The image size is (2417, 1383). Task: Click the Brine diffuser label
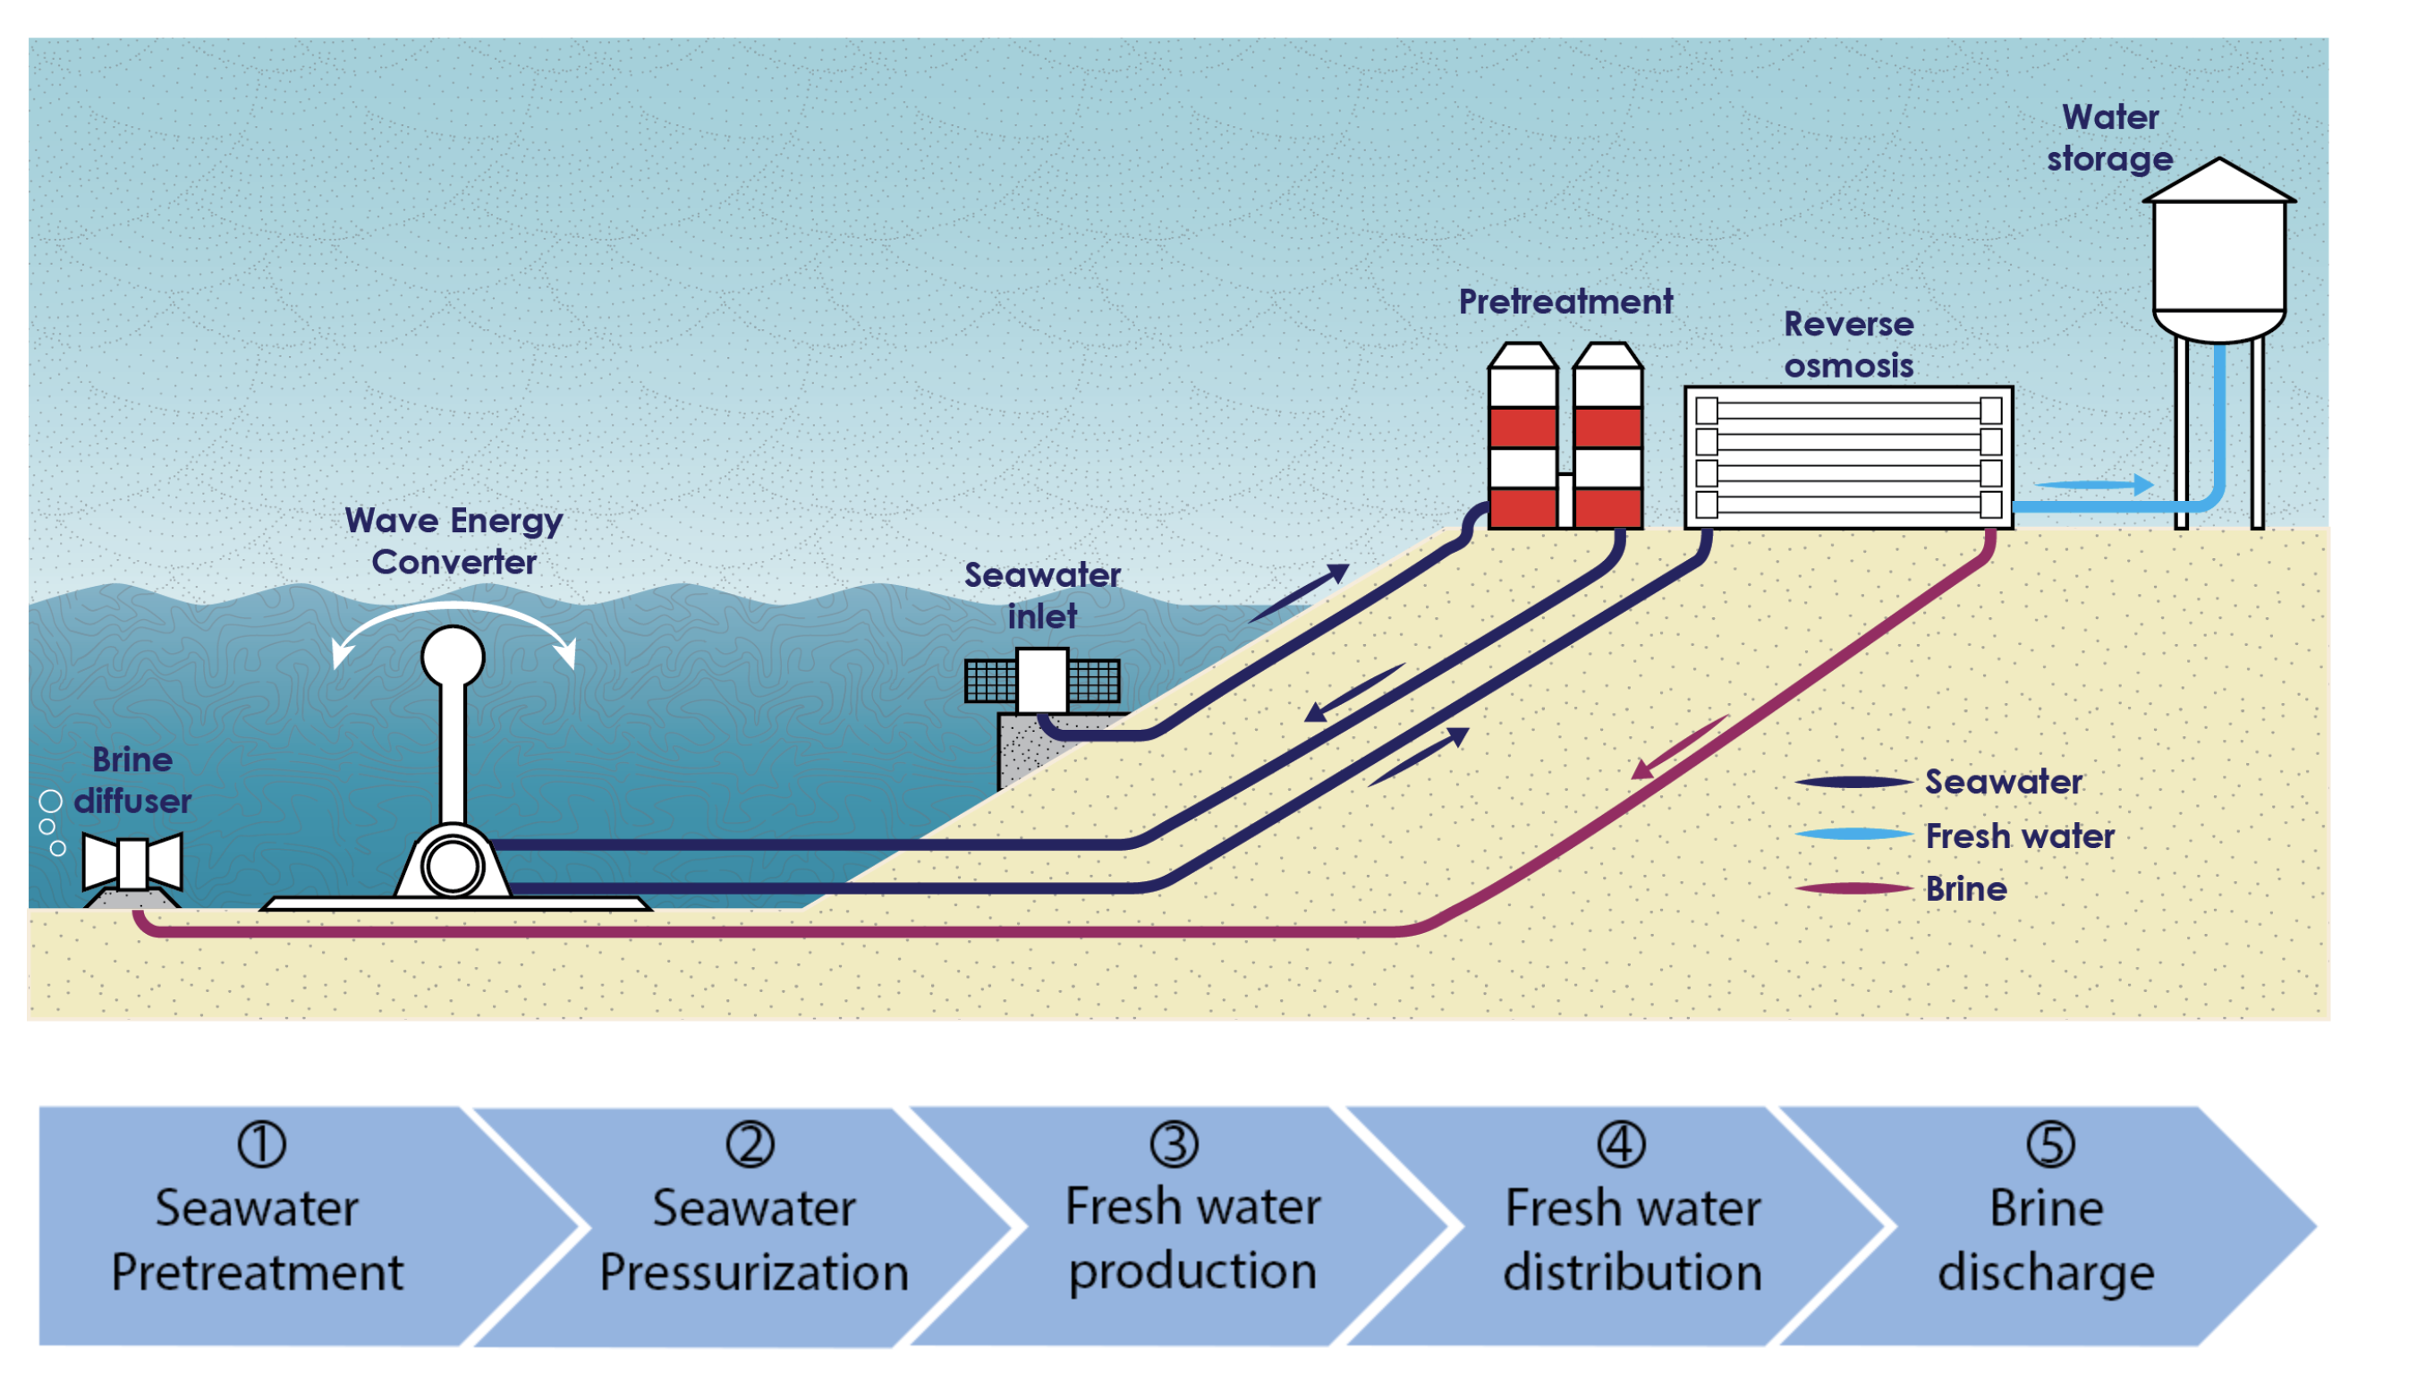(132, 780)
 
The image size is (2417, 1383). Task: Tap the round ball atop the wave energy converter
(453, 657)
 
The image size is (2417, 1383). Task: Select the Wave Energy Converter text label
(453, 540)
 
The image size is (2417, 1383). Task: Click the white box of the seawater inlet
(1042, 679)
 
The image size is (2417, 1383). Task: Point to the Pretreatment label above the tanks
(1565, 302)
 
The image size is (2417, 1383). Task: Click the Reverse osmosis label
(1847, 344)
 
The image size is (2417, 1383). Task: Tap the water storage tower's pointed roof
(2218, 182)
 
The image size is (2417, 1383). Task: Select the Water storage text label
(2108, 138)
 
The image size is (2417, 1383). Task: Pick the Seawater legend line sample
(1852, 783)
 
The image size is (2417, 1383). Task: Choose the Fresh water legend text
(2019, 836)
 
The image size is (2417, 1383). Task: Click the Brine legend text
(1965, 889)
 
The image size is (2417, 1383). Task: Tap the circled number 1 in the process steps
(261, 1143)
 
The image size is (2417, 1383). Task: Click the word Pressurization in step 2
(754, 1272)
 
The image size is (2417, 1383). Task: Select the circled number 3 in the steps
(1174, 1143)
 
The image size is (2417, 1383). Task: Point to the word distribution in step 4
(1632, 1272)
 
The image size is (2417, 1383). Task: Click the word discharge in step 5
(2046, 1272)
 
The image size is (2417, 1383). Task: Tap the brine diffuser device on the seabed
(132, 862)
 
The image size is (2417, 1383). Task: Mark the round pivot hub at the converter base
(453, 865)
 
